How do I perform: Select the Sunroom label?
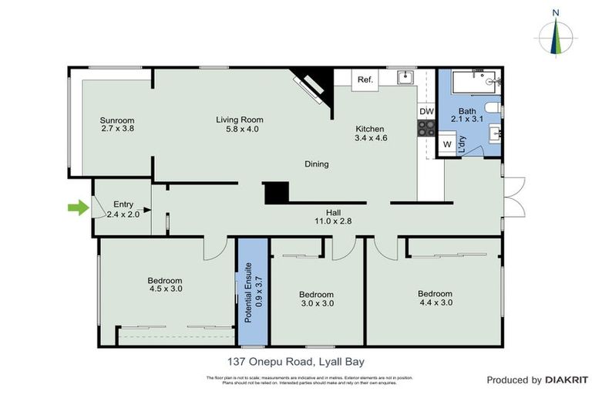pyautogui.click(x=117, y=120)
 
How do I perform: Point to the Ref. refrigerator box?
pyautogui.click(x=365, y=79)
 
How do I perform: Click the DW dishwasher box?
pyautogui.click(x=426, y=112)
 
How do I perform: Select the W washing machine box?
pyautogui.click(x=446, y=144)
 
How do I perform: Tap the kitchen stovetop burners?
pyautogui.click(x=426, y=129)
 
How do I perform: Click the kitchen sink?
pyautogui.click(x=405, y=77)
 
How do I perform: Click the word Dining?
pyautogui.click(x=316, y=164)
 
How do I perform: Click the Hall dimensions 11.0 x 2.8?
pyautogui.click(x=333, y=221)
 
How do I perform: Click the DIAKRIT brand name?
pyautogui.click(x=567, y=380)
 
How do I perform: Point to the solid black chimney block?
pyautogui.click(x=275, y=193)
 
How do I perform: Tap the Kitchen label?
pyautogui.click(x=370, y=129)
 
